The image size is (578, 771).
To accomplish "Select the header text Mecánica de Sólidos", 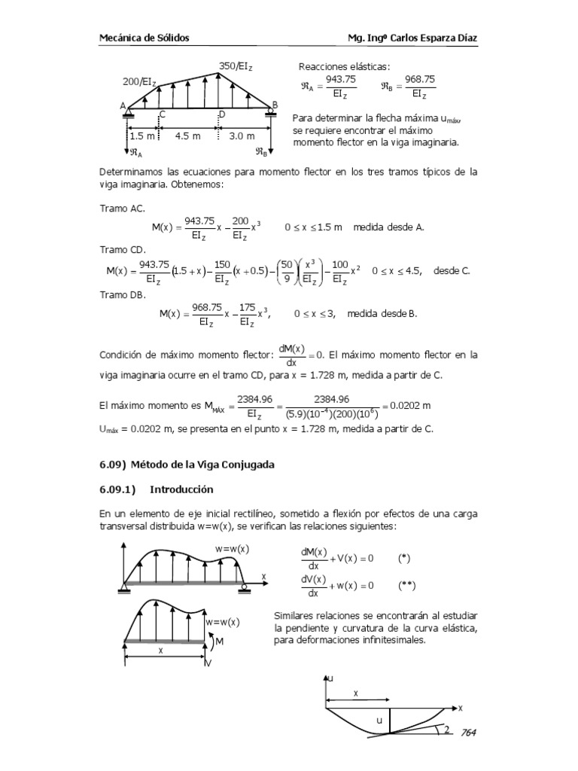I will coord(144,37).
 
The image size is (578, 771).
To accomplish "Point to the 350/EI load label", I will coord(236,67).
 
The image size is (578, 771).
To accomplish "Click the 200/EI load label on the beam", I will coord(140,81).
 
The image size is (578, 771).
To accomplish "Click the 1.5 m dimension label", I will coord(141,136).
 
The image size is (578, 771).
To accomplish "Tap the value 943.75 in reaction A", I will coord(341,78).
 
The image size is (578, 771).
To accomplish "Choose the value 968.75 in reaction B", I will coord(419,78).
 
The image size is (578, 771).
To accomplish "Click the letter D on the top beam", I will coord(221,114).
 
